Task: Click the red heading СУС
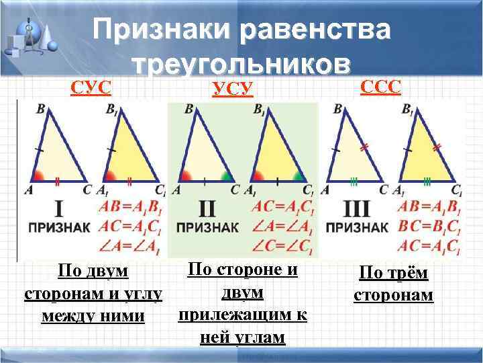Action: point(91,87)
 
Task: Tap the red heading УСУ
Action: point(232,88)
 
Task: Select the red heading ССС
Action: point(380,86)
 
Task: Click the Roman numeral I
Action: point(58,208)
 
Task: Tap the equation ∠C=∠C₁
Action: point(282,247)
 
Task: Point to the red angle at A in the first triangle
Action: point(39,177)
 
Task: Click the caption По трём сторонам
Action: point(393,284)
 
